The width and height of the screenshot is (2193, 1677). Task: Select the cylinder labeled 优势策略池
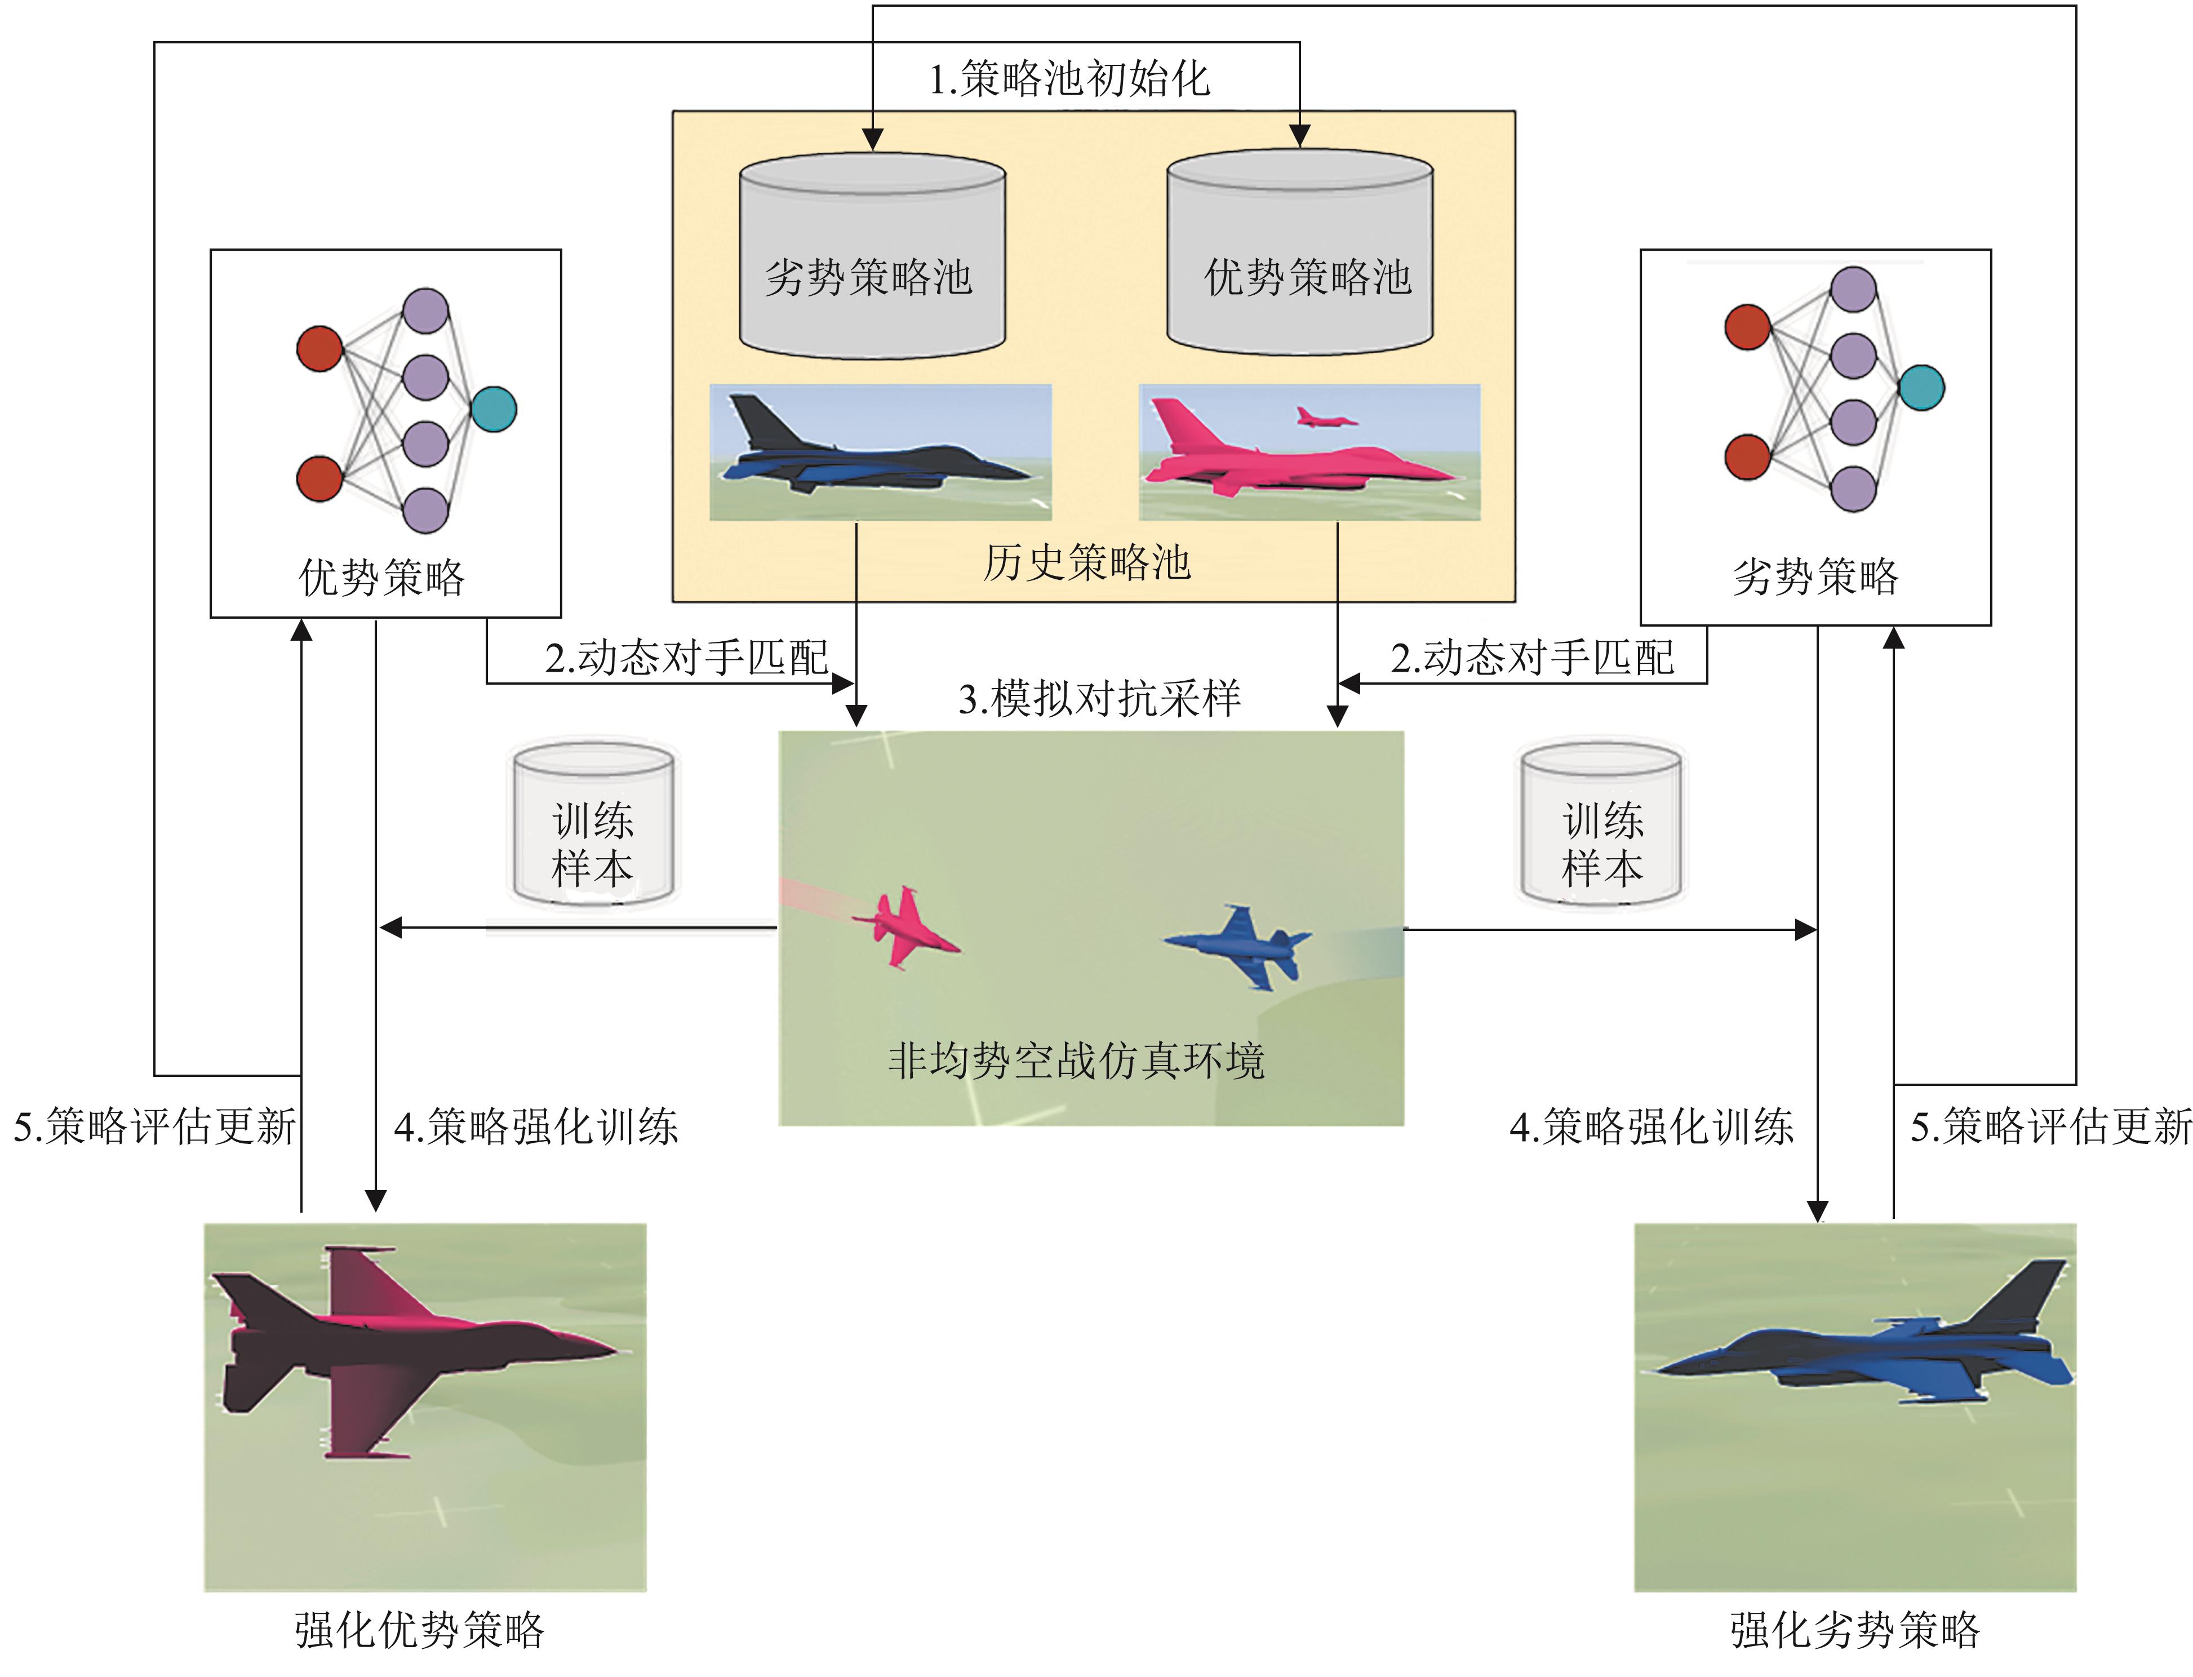click(1300, 255)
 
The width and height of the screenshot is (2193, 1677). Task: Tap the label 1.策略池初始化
click(1068, 79)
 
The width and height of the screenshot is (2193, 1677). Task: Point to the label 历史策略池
click(1086, 562)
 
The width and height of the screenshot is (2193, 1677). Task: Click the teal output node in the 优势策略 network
click(493, 409)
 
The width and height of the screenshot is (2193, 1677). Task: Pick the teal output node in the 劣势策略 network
click(1920, 388)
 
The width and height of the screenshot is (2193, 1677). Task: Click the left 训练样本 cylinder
click(593, 824)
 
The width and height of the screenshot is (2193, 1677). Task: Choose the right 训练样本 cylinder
click(1600, 824)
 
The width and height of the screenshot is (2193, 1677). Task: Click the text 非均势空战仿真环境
click(1076, 1060)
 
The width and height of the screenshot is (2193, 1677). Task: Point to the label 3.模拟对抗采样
click(1098, 698)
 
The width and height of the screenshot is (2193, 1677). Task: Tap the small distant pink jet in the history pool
click(1325, 417)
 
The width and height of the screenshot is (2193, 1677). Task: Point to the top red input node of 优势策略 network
click(319, 348)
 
